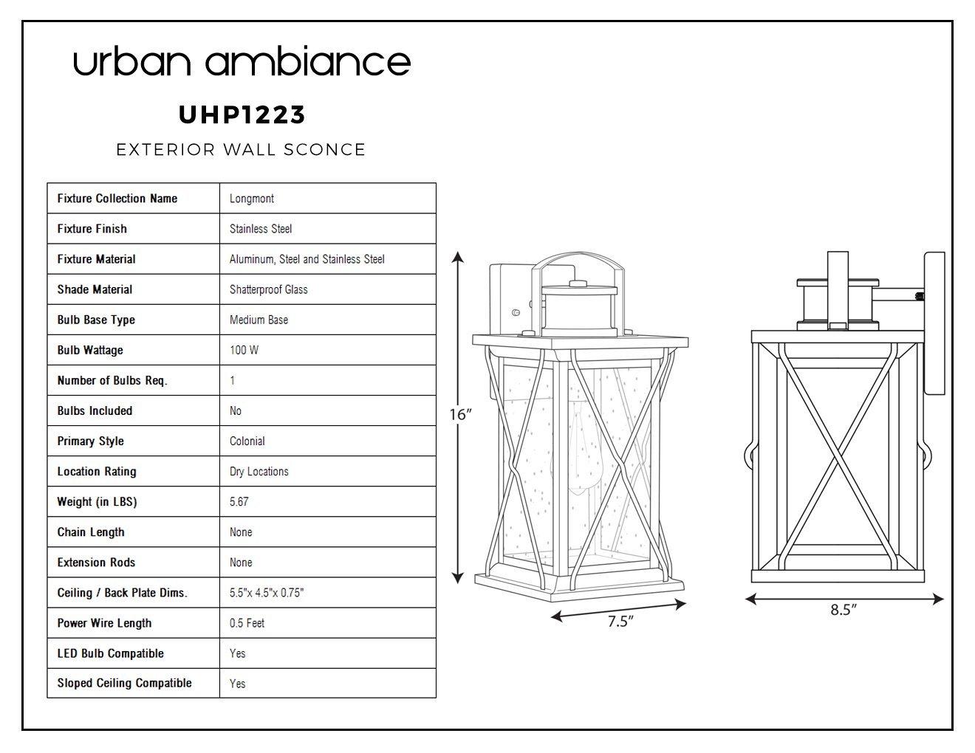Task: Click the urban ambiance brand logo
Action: click(x=242, y=61)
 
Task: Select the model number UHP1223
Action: click(x=242, y=115)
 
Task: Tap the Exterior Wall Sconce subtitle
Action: click(x=241, y=150)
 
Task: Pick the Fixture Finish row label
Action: click(x=92, y=229)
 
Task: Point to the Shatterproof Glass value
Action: click(x=269, y=289)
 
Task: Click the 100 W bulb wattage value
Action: click(x=244, y=350)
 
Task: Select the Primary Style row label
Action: click(x=91, y=441)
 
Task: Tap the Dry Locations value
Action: click(x=259, y=471)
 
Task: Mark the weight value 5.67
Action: click(x=239, y=502)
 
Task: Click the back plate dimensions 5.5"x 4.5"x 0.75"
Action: click(x=267, y=593)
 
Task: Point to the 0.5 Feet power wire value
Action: click(x=247, y=623)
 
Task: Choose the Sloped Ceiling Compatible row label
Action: click(x=124, y=683)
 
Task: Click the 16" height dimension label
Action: click(x=461, y=415)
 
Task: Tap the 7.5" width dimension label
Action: click(x=620, y=622)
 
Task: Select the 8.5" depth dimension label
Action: click(x=844, y=610)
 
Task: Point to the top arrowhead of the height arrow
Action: click(x=458, y=256)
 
